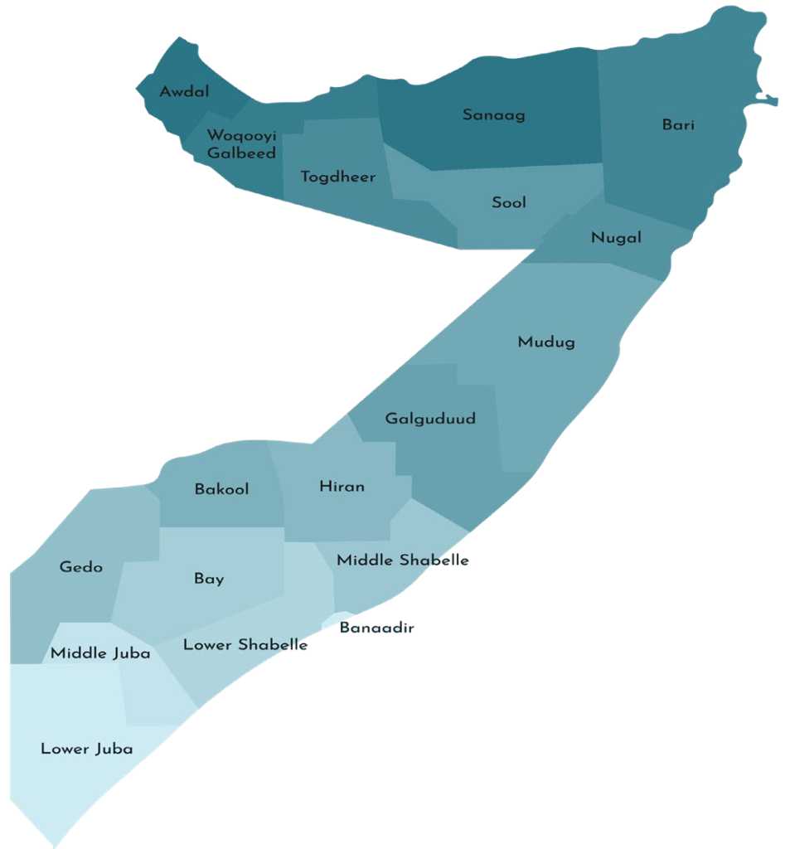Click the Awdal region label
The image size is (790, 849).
pyautogui.click(x=184, y=91)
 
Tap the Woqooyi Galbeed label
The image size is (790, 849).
pyautogui.click(x=241, y=144)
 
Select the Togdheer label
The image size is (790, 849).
pyautogui.click(x=338, y=177)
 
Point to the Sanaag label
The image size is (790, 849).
pyautogui.click(x=494, y=115)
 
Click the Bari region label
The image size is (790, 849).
pyautogui.click(x=678, y=125)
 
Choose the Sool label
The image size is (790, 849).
pyautogui.click(x=509, y=202)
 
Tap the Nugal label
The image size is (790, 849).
pyautogui.click(x=616, y=238)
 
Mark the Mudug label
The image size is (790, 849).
pyautogui.click(x=546, y=342)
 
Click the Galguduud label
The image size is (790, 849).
pyautogui.click(x=431, y=419)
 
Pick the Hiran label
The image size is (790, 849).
pyautogui.click(x=342, y=487)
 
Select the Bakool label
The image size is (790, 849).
pyautogui.click(x=221, y=489)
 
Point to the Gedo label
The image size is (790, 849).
pyautogui.click(x=81, y=567)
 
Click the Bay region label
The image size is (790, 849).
pyautogui.click(x=209, y=579)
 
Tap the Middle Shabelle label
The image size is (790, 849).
pyautogui.click(x=403, y=560)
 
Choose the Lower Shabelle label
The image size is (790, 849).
pyautogui.click(x=245, y=644)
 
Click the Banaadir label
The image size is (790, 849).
pyautogui.click(x=376, y=628)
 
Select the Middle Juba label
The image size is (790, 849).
pyautogui.click(x=100, y=653)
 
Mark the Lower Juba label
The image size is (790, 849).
pyautogui.click(x=87, y=750)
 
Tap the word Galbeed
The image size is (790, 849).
pyautogui.click(x=241, y=153)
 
